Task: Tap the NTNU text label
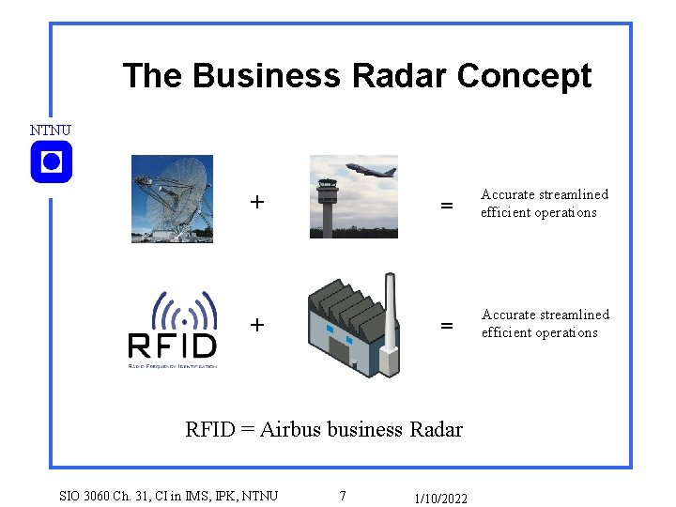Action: click(x=50, y=130)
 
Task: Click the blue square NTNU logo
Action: click(x=51, y=162)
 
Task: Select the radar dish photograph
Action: click(x=172, y=199)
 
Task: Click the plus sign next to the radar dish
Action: click(x=256, y=202)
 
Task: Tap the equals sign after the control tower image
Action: click(x=447, y=205)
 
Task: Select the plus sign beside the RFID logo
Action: click(x=256, y=325)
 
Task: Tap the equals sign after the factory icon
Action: click(x=447, y=326)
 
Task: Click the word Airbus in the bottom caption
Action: click(x=290, y=430)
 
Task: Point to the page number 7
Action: click(x=343, y=496)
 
